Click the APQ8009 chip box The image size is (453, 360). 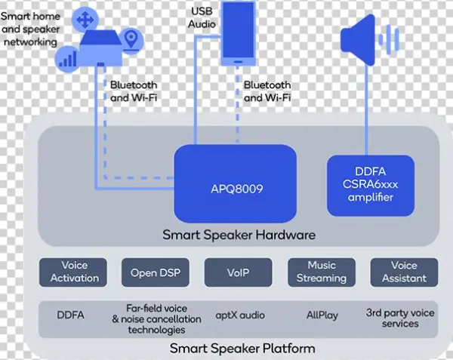coord(235,183)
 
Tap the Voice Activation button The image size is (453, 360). coord(74,272)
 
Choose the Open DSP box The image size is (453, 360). coord(156,272)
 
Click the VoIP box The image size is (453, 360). coord(238,272)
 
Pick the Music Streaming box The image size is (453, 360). coord(322,272)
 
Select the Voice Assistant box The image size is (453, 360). coord(404,272)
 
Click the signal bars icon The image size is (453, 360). coord(69,57)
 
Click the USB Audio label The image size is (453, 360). coord(202,16)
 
